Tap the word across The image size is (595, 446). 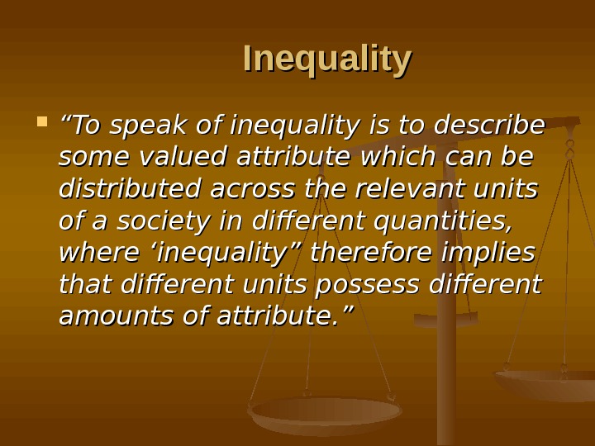click(x=253, y=189)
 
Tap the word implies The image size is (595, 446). click(x=495, y=253)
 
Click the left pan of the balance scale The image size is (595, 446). click(x=326, y=413)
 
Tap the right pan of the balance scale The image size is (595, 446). click(x=545, y=382)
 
